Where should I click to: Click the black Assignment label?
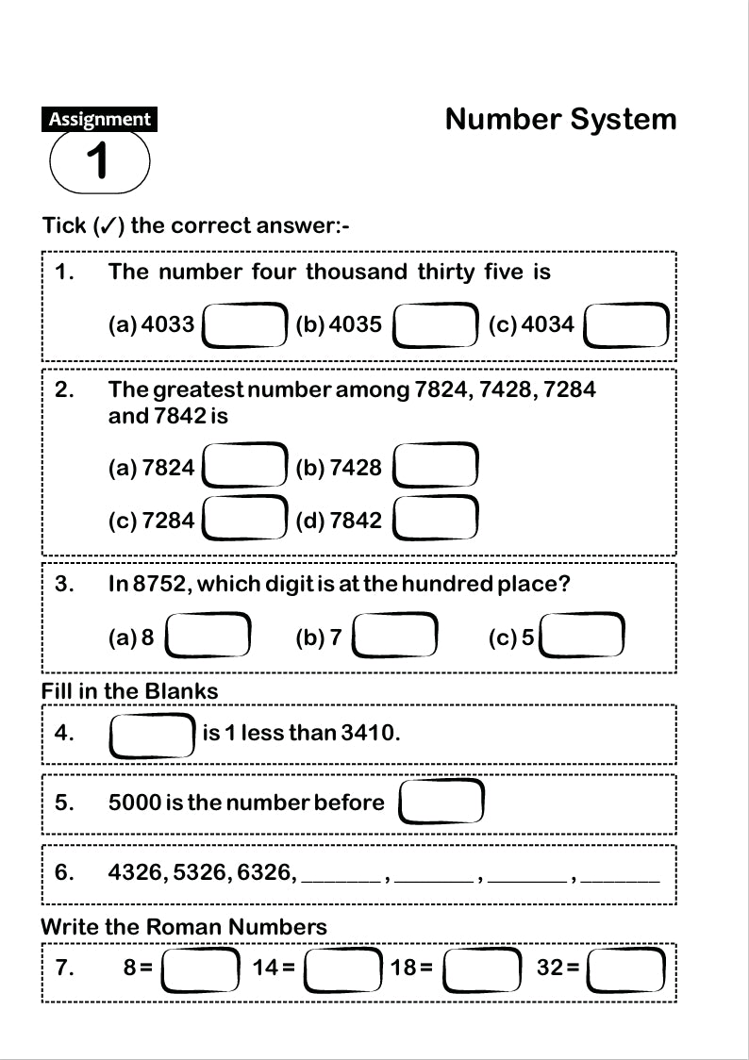pos(99,120)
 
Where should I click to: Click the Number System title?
pos(560,120)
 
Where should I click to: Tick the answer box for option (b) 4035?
pos(435,325)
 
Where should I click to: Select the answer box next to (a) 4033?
pos(245,325)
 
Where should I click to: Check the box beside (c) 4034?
pos(627,325)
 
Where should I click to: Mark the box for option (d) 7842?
pos(435,520)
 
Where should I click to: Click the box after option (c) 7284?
pos(245,520)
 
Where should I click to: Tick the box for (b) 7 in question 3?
pos(395,638)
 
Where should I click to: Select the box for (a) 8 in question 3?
pos(208,638)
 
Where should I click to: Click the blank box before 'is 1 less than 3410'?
pos(152,735)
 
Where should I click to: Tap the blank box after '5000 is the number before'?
pos(441,803)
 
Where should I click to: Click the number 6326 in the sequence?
pos(265,872)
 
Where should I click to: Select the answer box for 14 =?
pos(343,969)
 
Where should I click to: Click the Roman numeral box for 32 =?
pos(627,969)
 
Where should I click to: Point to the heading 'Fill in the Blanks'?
pos(129,691)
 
